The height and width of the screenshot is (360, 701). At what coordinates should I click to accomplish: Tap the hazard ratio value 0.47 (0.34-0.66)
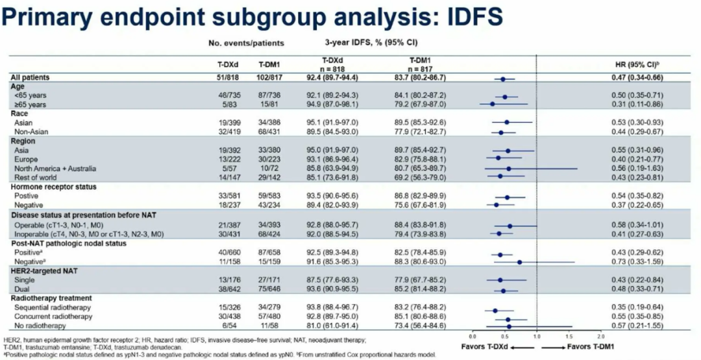[x=642, y=78]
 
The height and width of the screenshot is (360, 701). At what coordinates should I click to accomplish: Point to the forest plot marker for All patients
[x=502, y=78]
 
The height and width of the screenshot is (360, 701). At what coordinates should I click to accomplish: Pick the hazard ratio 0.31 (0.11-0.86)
[x=642, y=103]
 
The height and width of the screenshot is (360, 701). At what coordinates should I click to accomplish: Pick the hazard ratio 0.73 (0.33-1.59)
[x=642, y=261]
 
